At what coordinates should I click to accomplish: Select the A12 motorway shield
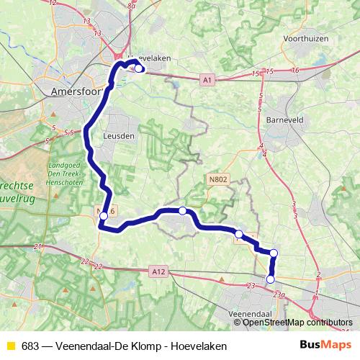click(x=159, y=271)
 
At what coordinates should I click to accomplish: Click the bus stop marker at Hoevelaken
click(x=139, y=69)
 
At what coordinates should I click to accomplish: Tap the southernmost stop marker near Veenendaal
click(x=271, y=279)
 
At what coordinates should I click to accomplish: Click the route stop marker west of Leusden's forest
click(x=104, y=215)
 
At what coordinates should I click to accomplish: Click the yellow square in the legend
click(x=10, y=346)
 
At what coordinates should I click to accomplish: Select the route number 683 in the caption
click(x=31, y=346)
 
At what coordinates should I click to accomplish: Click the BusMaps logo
click(x=321, y=346)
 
